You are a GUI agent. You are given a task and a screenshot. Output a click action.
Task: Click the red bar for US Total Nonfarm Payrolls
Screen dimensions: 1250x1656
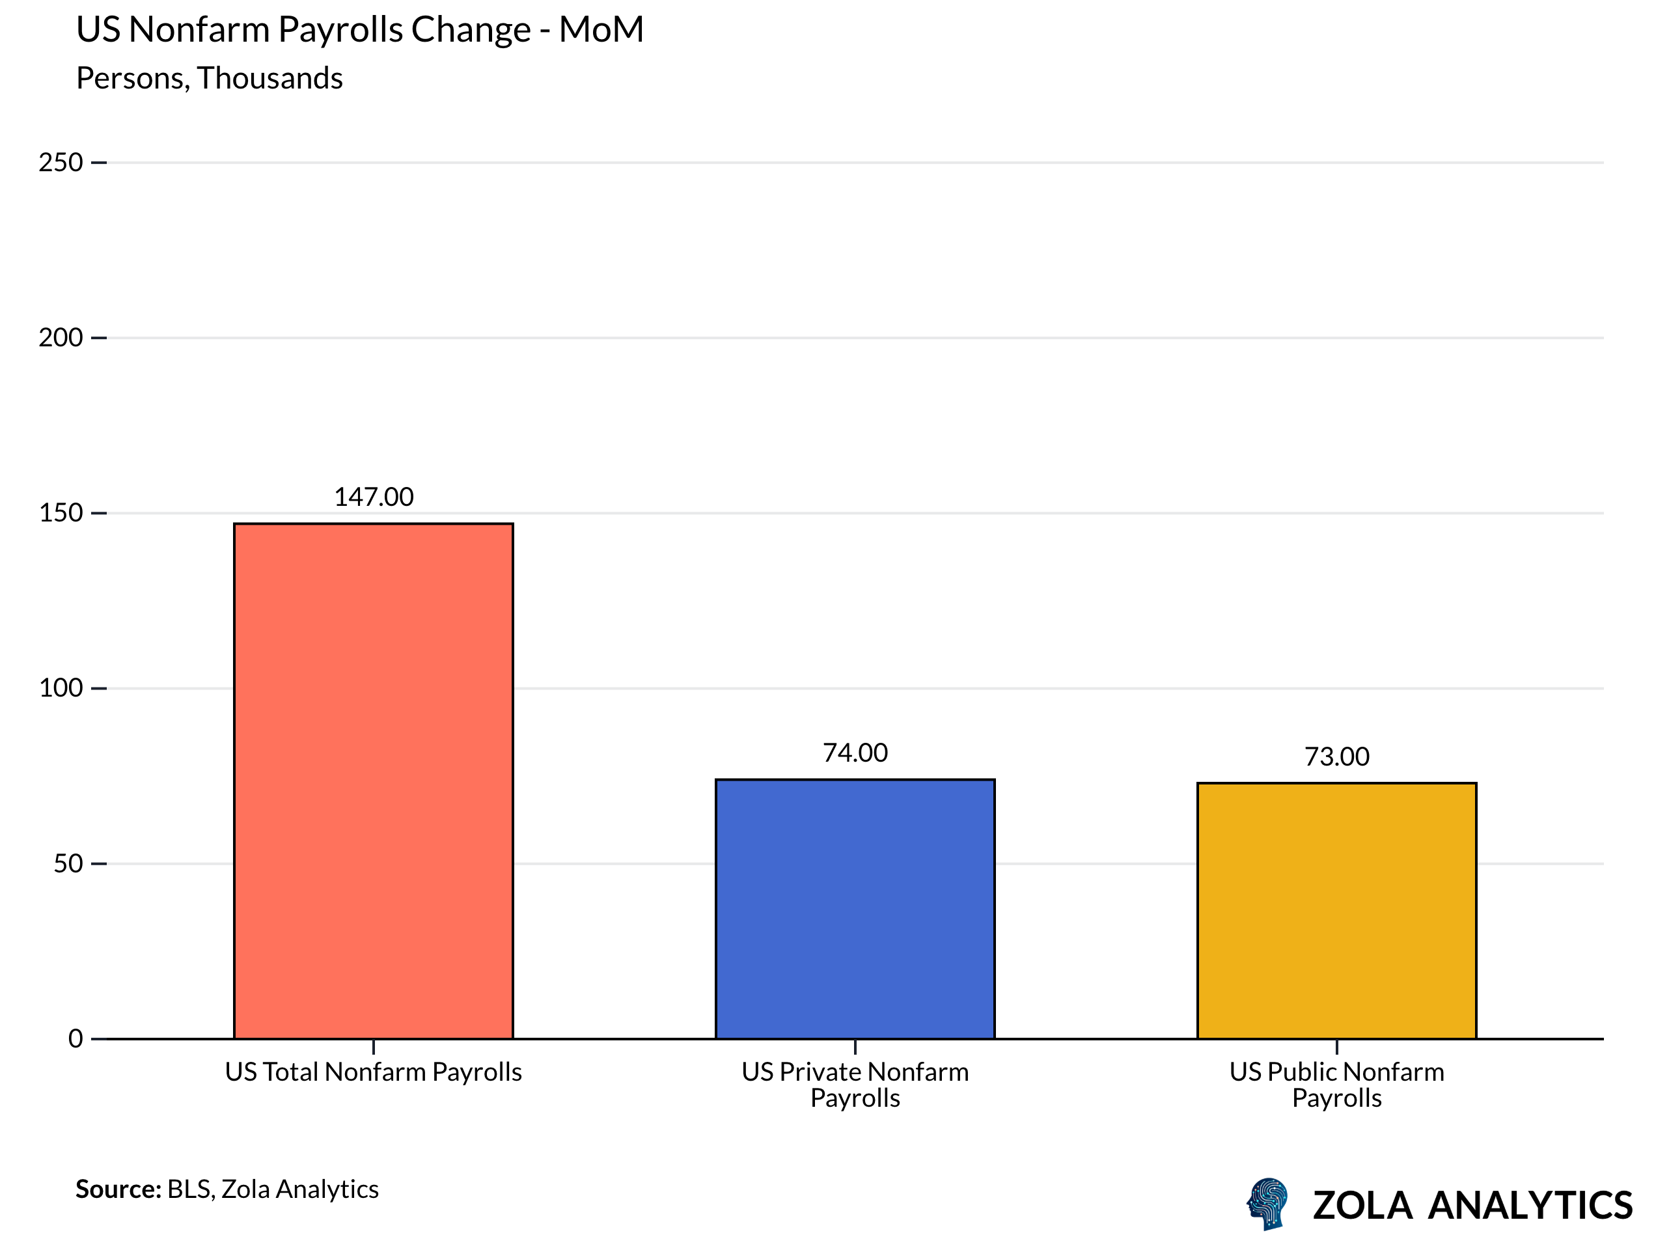point(373,781)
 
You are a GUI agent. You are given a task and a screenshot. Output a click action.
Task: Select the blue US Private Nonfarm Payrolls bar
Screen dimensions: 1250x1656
point(854,908)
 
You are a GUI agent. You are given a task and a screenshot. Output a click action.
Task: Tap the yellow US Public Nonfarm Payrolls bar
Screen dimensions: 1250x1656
point(1336,910)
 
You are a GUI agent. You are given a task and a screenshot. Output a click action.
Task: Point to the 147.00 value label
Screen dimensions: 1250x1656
point(373,497)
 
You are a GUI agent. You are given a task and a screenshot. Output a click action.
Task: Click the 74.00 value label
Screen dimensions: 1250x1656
point(854,753)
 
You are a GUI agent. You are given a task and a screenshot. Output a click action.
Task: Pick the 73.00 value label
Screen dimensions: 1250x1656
point(1336,757)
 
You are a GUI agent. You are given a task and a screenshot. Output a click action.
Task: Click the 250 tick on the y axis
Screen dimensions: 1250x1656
point(61,163)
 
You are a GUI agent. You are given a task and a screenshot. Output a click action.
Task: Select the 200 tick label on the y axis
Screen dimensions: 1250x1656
point(61,338)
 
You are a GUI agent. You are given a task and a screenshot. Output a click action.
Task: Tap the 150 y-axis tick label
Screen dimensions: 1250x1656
point(61,513)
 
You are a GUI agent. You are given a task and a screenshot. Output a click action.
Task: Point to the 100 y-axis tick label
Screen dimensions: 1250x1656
point(61,687)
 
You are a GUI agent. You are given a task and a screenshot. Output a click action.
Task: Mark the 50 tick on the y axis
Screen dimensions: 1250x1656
point(68,863)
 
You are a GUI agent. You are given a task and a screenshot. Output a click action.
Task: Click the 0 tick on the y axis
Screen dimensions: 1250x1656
point(76,1039)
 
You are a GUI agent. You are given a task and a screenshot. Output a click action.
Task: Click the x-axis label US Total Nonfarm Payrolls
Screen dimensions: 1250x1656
point(373,1072)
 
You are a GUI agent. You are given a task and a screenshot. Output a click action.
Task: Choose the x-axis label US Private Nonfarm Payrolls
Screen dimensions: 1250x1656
point(854,1085)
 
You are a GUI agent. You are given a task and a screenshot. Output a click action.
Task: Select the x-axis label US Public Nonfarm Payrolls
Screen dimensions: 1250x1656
point(1336,1085)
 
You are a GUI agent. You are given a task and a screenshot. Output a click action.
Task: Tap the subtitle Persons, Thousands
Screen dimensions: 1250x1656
point(209,79)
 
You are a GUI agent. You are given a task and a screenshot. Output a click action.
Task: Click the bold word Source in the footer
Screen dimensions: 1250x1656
point(118,1189)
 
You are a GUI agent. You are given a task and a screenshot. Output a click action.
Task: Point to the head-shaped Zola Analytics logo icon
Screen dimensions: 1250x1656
point(1267,1204)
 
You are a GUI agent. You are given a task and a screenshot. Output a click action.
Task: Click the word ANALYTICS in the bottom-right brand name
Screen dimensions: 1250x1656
point(1530,1206)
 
